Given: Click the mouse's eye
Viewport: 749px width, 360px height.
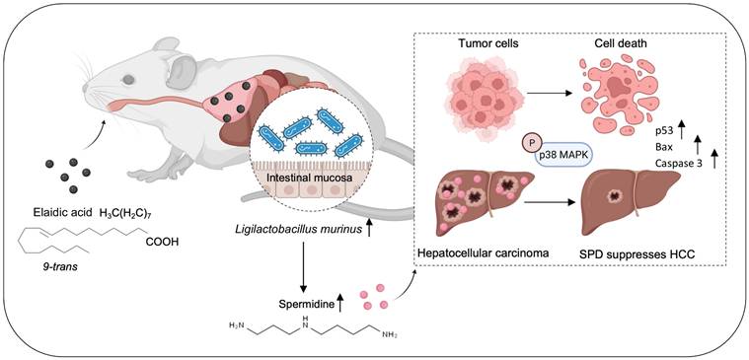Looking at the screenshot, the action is (128, 80).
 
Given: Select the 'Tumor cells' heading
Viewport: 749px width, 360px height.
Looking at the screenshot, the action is (483, 44).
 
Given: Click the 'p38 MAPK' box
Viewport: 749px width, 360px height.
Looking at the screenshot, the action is (562, 156).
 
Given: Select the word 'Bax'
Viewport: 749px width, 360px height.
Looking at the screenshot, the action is (662, 147).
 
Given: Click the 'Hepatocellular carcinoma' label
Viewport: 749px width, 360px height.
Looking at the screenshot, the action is (481, 252).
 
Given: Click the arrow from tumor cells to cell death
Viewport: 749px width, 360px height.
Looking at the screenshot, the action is (549, 93).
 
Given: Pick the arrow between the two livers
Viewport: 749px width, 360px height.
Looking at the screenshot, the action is (549, 202).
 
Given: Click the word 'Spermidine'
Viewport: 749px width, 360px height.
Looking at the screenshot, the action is (307, 302).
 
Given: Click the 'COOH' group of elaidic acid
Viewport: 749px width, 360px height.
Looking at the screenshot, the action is (163, 242).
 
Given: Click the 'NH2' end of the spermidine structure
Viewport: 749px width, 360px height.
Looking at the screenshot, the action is (390, 334).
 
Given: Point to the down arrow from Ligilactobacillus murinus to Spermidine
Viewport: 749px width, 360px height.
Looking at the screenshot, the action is (303, 267).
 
